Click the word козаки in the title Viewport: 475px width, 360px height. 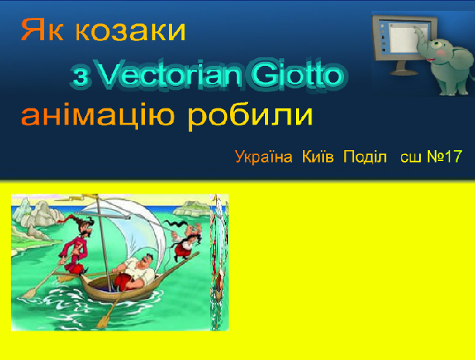pos(130,30)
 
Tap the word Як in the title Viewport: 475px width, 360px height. pos(42,29)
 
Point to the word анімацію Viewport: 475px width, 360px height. pos(98,115)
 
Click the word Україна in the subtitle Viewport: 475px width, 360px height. pos(263,157)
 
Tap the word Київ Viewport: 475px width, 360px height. pos(318,156)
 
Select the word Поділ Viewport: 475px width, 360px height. pos(365,156)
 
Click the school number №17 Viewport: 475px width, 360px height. pos(445,156)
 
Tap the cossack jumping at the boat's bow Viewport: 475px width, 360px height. pos(185,239)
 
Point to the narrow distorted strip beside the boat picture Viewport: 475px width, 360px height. pos(219,262)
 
